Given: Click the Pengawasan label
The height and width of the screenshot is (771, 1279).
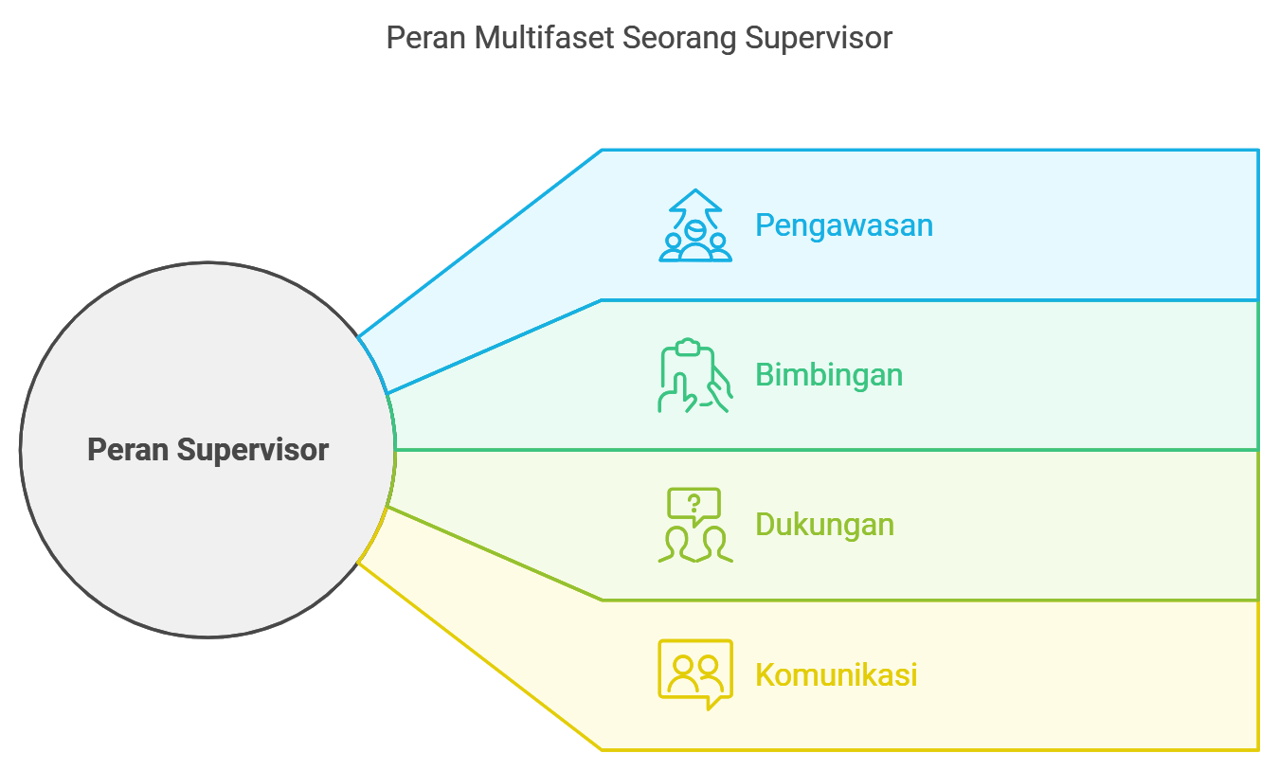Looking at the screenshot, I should point(843,225).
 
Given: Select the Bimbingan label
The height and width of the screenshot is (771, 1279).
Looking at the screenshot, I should point(828,375).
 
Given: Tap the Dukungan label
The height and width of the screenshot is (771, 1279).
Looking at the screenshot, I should point(824,525).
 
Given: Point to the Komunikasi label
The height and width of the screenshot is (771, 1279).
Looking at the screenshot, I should point(836,675).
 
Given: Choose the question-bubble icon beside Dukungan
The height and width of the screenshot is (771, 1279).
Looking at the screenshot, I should point(695,526).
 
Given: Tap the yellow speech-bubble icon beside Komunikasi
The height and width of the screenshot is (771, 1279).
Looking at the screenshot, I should point(695,674).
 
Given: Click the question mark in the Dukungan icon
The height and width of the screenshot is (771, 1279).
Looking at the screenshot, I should point(694,502).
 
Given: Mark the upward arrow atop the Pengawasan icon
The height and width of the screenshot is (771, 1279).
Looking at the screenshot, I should point(695,201).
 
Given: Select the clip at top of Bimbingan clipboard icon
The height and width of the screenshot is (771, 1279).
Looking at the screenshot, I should point(689,347).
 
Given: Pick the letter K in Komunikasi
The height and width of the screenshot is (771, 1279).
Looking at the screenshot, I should point(764,675).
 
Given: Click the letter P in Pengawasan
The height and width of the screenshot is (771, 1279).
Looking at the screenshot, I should point(764,225).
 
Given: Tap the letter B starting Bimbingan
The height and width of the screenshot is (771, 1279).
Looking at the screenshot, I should point(764,375).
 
